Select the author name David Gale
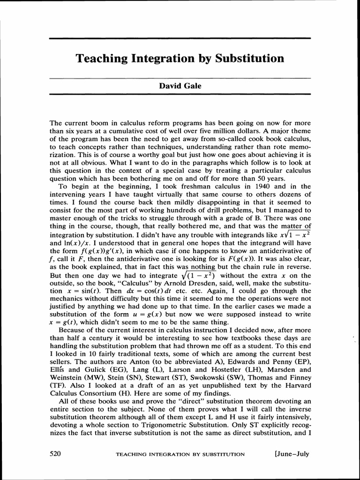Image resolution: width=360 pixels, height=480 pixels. click(x=180, y=86)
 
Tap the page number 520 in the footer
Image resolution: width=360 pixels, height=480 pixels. click(x=55, y=454)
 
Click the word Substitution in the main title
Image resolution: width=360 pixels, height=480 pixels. click(x=249, y=59)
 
